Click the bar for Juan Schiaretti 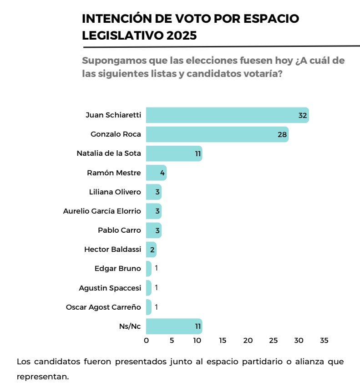click(227, 115)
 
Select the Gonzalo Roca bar click(217, 134)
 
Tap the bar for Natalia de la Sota click(174, 153)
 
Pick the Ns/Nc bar click(174, 326)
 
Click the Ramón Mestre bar click(156, 173)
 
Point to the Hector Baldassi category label click(112, 249)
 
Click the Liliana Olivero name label click(115, 192)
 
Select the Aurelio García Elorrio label click(102, 211)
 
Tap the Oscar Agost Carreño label click(103, 307)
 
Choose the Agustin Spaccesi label click(110, 288)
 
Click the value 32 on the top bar click(303, 116)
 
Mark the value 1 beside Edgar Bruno click(156, 268)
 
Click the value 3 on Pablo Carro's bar click(157, 230)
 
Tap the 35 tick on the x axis click(324, 341)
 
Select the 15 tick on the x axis click(223, 341)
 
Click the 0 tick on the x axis click(146, 341)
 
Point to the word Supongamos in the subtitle click(111, 61)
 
